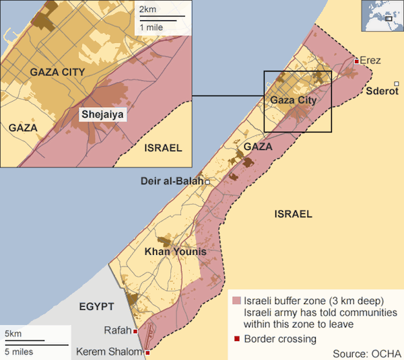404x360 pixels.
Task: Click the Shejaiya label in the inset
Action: (102, 114)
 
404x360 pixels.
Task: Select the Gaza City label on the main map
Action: (292, 100)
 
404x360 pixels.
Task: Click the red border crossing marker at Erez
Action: (356, 61)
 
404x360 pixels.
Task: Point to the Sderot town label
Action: (382, 90)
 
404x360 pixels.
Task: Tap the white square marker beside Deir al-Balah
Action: (207, 182)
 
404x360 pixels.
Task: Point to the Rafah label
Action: (117, 330)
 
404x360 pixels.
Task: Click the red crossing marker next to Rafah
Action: (135, 331)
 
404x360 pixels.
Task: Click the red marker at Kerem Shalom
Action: (147, 352)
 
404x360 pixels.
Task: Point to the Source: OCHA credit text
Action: (367, 353)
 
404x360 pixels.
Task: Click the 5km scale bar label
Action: (13, 334)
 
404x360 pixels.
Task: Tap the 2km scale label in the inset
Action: (147, 9)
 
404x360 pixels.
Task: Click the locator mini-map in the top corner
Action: (382, 17)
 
